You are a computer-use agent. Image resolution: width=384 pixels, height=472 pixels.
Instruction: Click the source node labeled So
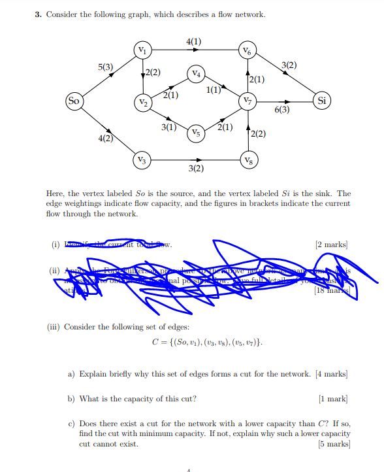(74, 101)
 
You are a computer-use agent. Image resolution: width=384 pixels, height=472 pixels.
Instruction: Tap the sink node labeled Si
(322, 101)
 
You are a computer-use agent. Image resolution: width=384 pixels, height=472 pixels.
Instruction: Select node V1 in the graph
(142, 50)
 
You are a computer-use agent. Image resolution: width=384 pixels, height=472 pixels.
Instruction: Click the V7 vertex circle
(246, 101)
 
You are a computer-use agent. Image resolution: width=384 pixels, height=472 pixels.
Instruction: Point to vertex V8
(246, 160)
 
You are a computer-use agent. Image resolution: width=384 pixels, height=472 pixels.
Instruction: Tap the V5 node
(196, 133)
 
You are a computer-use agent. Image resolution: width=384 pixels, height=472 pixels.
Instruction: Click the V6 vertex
(246, 50)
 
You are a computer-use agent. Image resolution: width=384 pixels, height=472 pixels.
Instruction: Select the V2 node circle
(142, 103)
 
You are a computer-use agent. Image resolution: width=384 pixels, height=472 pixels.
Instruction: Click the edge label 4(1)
(194, 42)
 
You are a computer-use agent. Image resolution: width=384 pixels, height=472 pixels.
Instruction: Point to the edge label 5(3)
(106, 67)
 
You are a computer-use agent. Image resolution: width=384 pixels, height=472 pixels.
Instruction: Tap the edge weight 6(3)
(283, 110)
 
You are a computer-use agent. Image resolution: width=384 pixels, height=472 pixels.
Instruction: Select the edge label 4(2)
(105, 138)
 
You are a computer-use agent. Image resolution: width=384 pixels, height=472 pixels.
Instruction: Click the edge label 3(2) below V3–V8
(195, 169)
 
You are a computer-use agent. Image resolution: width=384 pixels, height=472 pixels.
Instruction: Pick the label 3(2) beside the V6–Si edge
(289, 65)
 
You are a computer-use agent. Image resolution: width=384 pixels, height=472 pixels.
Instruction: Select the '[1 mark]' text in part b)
(333, 398)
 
